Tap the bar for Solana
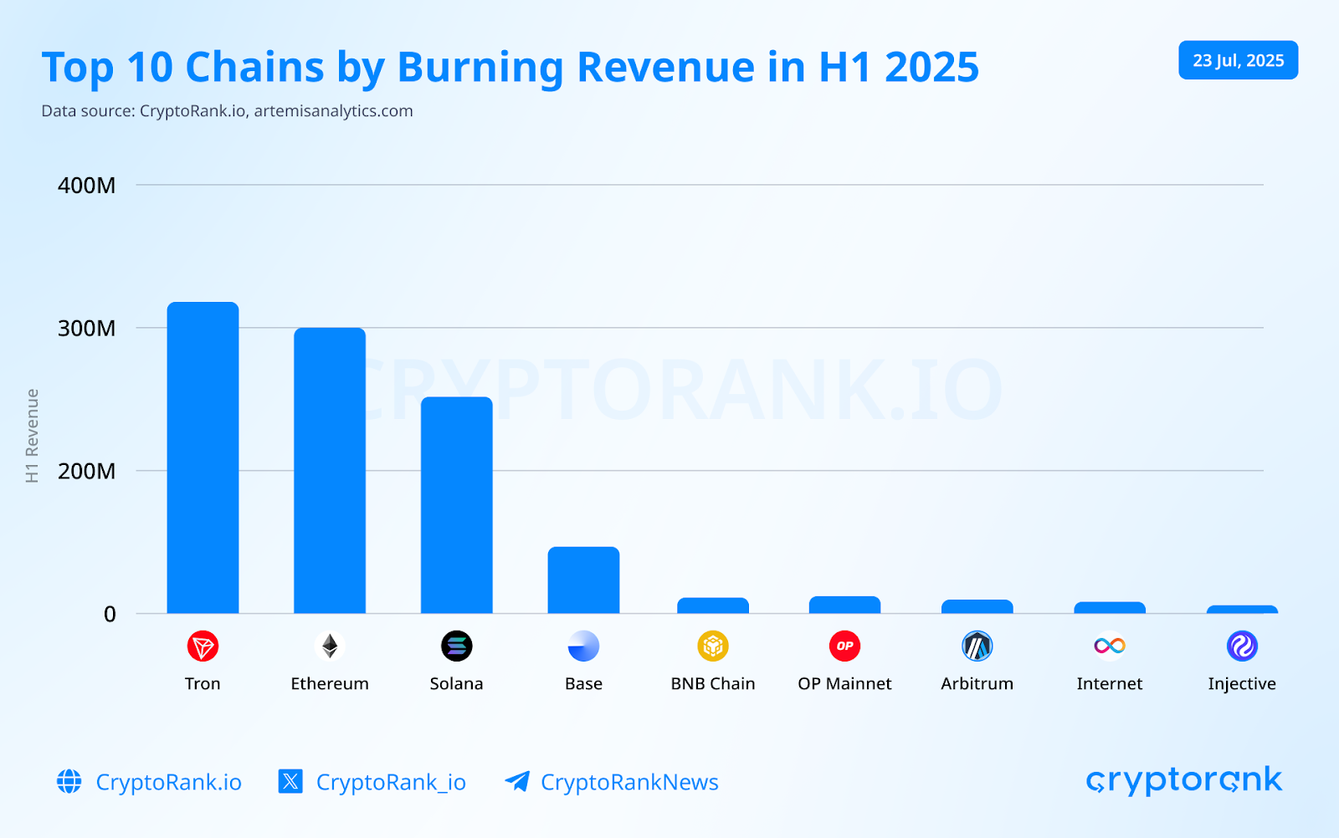pos(456,505)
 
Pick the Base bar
pos(583,580)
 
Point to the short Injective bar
pos(1242,610)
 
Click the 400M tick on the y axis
pos(86,186)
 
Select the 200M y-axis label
pos(86,472)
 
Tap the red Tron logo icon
pos(203,646)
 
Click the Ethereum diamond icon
pos(330,646)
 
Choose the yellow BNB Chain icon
pos(713,646)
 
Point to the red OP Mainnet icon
pos(844,646)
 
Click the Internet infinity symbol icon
pos(1109,646)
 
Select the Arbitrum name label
pos(977,684)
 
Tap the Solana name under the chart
pos(456,684)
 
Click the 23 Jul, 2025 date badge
pos(1238,60)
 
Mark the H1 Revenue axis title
pos(33,436)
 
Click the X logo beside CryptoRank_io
pos(290,782)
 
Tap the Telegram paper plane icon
pos(517,781)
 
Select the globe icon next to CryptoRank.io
pos(69,782)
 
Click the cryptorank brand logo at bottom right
pos(1183,780)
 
